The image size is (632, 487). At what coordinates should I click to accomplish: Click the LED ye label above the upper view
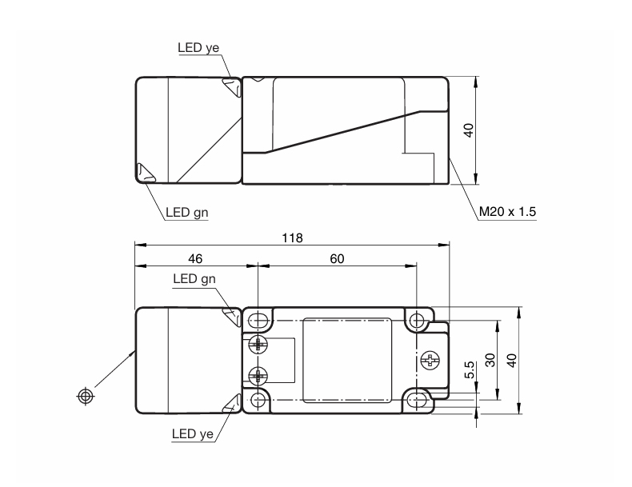click(198, 47)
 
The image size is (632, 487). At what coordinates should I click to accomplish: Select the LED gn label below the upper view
click(186, 212)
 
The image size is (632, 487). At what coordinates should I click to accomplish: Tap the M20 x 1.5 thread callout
click(507, 211)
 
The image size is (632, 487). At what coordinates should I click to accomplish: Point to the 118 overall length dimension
click(292, 238)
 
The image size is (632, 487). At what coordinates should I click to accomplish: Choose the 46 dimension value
click(195, 258)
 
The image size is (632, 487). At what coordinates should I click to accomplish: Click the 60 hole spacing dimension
click(337, 258)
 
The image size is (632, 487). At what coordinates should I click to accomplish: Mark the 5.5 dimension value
click(470, 369)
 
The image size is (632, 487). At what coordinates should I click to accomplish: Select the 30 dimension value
click(490, 360)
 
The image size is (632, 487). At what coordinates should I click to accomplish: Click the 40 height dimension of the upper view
click(469, 130)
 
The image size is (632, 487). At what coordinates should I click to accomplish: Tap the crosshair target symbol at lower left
click(85, 396)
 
